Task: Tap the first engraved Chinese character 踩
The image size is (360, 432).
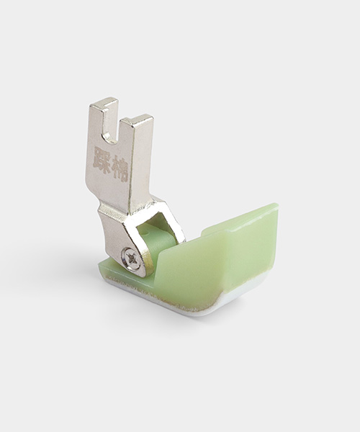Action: tap(103, 159)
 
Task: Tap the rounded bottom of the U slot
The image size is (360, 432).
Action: tap(112, 136)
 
